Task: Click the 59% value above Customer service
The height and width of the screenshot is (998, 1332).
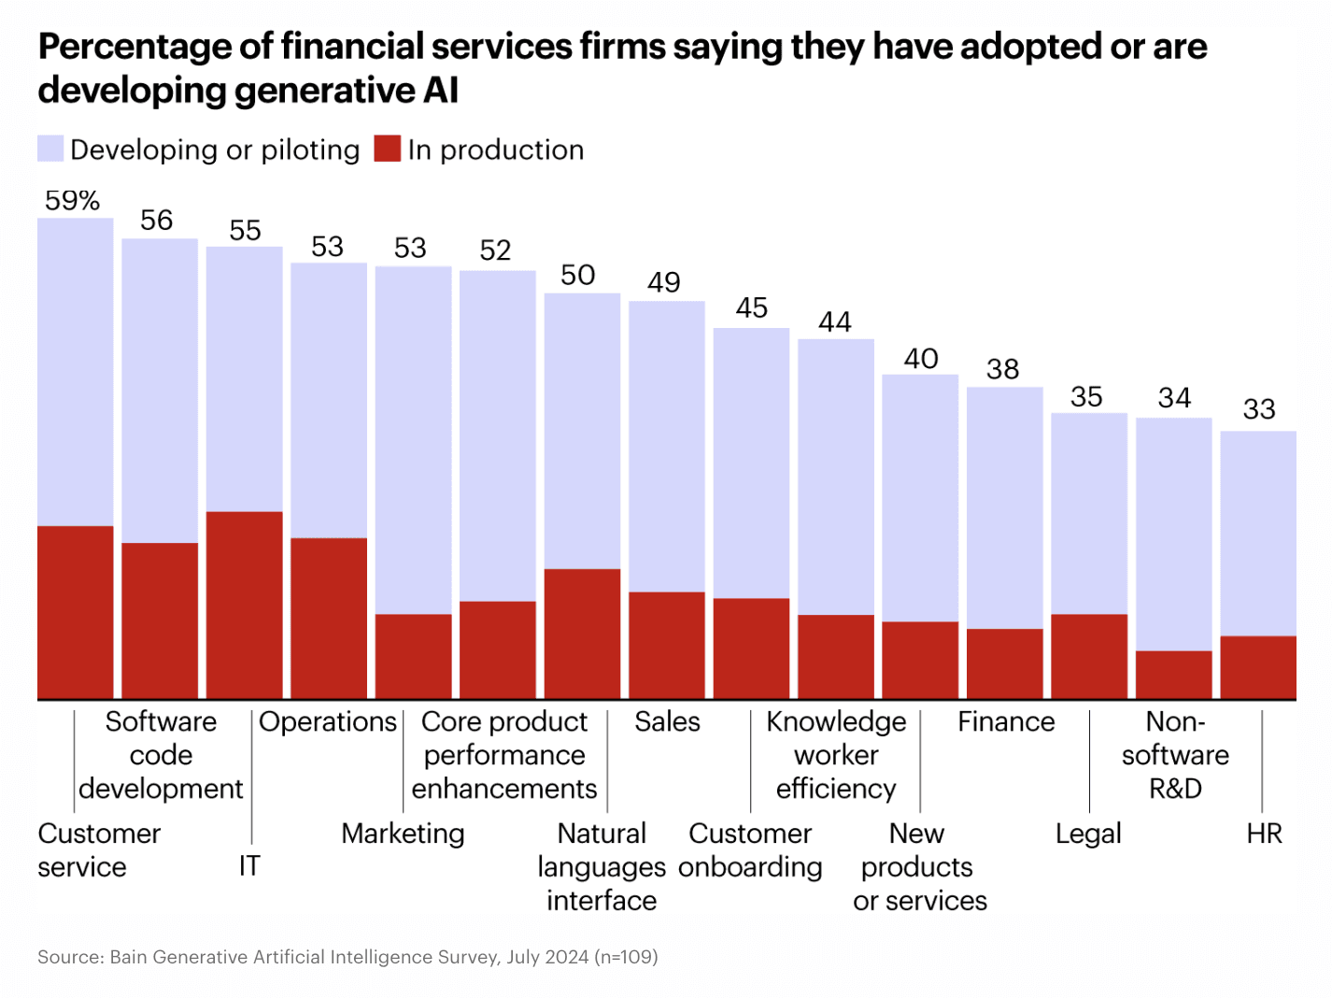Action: pos(73,201)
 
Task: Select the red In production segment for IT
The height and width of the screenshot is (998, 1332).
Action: pos(244,605)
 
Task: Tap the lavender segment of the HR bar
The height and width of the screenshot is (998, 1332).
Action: pos(1258,533)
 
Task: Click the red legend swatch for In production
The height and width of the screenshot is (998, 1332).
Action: pos(388,150)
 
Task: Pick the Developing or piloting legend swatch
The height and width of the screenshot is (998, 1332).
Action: pos(50,150)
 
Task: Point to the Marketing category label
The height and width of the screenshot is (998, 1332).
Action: pos(403,834)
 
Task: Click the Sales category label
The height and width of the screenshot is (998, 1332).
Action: pos(667,721)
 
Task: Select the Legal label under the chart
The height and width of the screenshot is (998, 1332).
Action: pos(1088,834)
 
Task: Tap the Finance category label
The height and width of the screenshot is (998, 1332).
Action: pos(1006,721)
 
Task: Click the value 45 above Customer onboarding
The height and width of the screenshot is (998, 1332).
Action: pos(751,308)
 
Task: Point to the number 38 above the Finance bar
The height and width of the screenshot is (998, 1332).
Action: pos(1002,369)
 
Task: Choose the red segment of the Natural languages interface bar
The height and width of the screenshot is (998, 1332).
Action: pos(582,634)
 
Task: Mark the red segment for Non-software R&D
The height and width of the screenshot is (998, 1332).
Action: pos(1173,675)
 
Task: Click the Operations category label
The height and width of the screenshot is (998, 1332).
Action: pos(328,721)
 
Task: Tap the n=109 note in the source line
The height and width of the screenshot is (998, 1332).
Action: pos(626,957)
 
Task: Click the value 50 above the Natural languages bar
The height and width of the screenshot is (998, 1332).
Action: pos(577,276)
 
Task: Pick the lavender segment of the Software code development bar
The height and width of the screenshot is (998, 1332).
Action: pos(160,390)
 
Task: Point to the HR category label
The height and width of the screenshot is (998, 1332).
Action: pos(1264,834)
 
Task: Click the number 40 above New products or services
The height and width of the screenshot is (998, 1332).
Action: pos(920,359)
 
